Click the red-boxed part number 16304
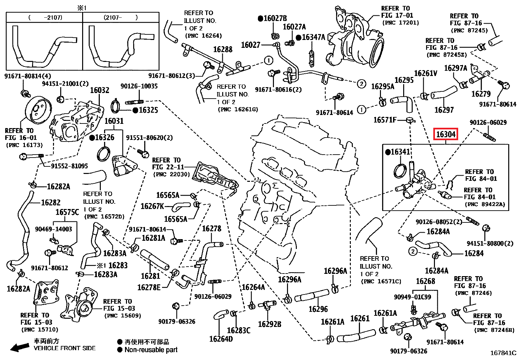tap(446, 134)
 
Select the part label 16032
tap(99, 90)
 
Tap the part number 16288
tap(223, 49)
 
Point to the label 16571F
tap(385, 120)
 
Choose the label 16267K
tap(153, 206)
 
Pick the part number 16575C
tap(67, 212)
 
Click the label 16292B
tap(270, 324)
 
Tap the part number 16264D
tap(221, 339)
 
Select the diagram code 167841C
tap(503, 353)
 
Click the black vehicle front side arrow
tap(20, 348)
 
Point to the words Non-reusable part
tap(151, 350)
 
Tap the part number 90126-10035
tap(139, 86)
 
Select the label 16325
tap(148, 110)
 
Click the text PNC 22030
tap(172, 174)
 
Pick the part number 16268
tap(425, 281)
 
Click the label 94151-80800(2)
tap(490, 244)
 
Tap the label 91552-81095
tap(70, 166)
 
